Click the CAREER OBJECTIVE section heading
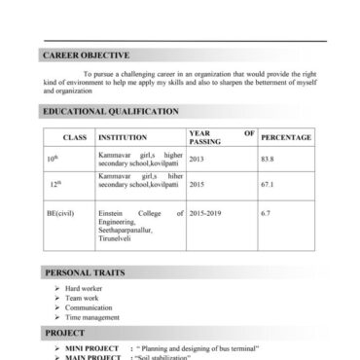pyautogui.click(x=86, y=55)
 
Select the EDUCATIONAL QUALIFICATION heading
pyautogui.click(x=110, y=112)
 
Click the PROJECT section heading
pyautogui.click(x=64, y=332)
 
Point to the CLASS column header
pyautogui.click(x=74, y=138)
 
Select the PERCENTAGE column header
pyautogui.click(x=286, y=138)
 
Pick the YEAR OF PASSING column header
pyautogui.click(x=220, y=137)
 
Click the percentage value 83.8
pyautogui.click(x=268, y=158)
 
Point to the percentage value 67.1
pyautogui.click(x=268, y=182)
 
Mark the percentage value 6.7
pyautogui.click(x=265, y=211)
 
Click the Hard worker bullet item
pyautogui.click(x=84, y=289)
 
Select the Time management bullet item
pyautogui.click(x=92, y=317)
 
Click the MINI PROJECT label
pyautogui.click(x=92, y=347)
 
